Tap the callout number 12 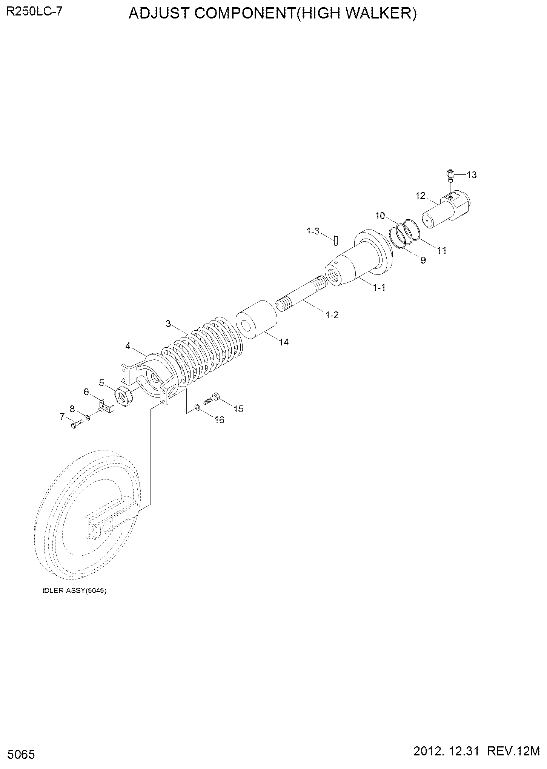point(421,196)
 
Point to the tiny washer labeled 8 point(88,417)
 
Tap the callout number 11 point(442,250)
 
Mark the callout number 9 point(423,260)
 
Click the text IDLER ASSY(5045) point(75,591)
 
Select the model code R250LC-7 point(34,11)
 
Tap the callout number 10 point(380,216)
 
